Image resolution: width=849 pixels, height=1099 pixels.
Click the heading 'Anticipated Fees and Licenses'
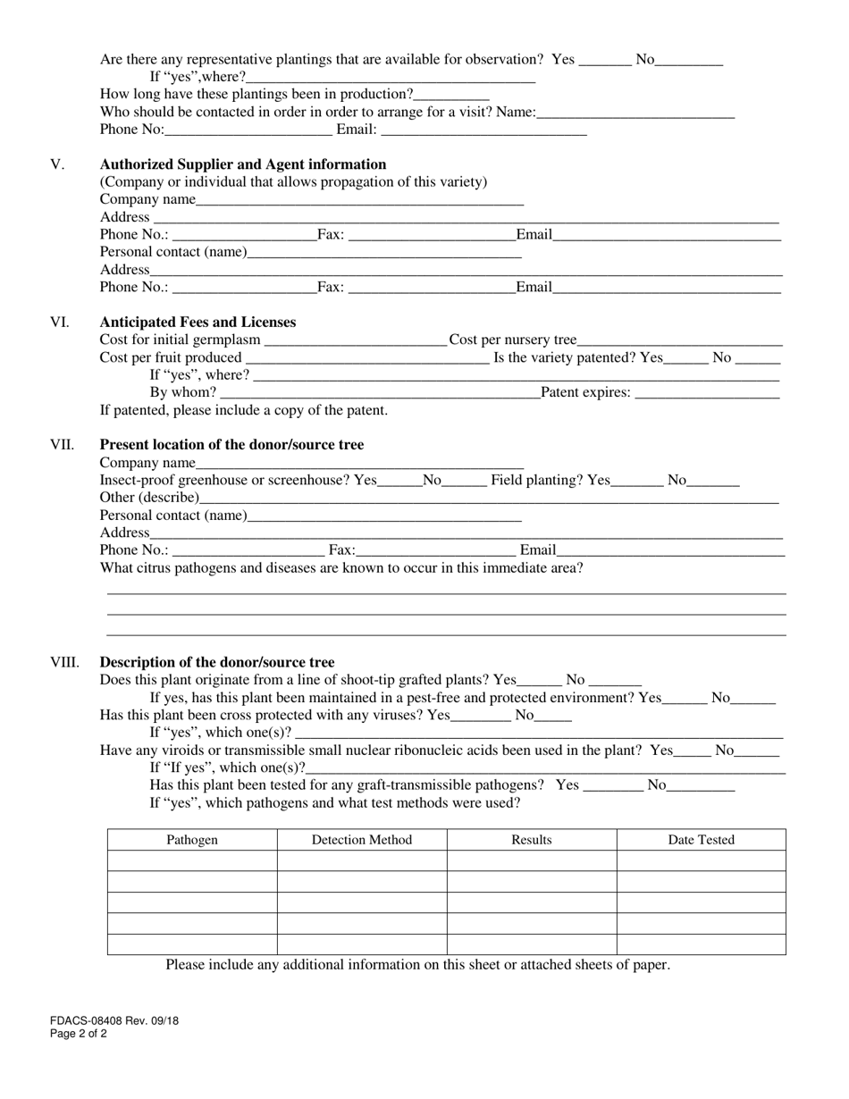pyautogui.click(x=198, y=322)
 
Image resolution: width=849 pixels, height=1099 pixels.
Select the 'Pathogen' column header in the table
pyautogui.click(x=192, y=840)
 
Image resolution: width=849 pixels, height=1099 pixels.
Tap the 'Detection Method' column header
pyautogui.click(x=362, y=840)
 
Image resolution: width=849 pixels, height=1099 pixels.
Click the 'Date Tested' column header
pyautogui.click(x=702, y=840)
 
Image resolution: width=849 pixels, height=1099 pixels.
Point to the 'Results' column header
pyautogui.click(x=532, y=840)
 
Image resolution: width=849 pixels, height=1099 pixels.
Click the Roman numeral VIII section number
pyautogui.click(x=64, y=662)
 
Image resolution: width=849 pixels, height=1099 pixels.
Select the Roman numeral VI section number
pyautogui.click(x=59, y=322)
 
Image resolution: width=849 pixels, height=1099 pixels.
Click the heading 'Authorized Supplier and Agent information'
pyautogui.click(x=243, y=164)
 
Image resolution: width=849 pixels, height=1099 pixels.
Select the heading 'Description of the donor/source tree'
pyautogui.click(x=217, y=662)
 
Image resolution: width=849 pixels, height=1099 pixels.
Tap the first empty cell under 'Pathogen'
pyautogui.click(x=192, y=860)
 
